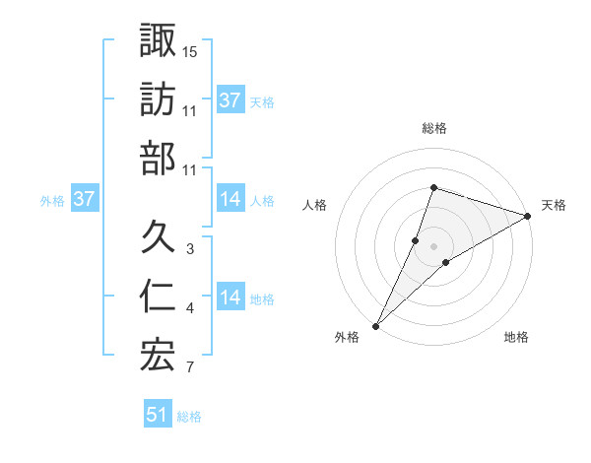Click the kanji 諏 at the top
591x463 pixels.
[158, 40]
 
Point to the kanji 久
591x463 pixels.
[158, 236]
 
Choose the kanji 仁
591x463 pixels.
[158, 297]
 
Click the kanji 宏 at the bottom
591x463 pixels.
[158, 357]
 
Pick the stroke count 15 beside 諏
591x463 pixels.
[190, 50]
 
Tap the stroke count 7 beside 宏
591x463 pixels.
[190, 368]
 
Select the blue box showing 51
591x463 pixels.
[158, 416]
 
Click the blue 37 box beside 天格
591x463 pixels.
[230, 100]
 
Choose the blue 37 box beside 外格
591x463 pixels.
[85, 199]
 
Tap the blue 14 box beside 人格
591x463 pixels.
[230, 199]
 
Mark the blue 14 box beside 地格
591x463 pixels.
[230, 298]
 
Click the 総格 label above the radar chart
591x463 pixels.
[433, 129]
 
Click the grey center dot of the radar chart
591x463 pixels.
[433, 245]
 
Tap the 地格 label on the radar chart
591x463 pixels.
[516, 338]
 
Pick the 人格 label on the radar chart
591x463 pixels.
[315, 205]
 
